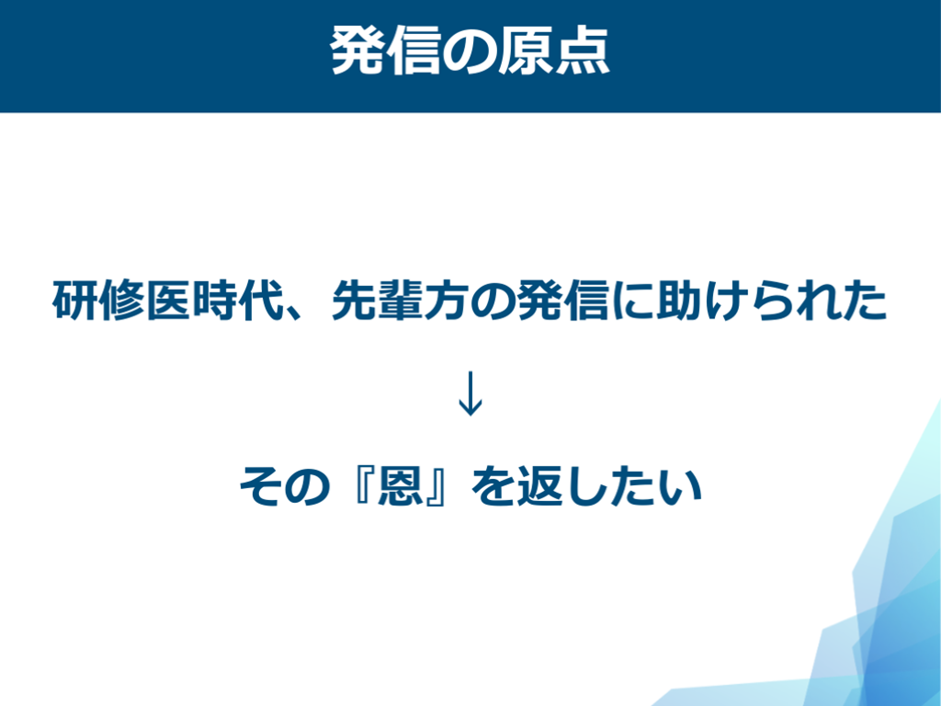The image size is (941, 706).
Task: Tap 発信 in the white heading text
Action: (x=386, y=51)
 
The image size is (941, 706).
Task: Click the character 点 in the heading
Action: (x=582, y=51)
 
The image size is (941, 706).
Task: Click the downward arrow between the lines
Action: (x=470, y=393)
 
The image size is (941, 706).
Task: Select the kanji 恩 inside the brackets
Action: (x=400, y=485)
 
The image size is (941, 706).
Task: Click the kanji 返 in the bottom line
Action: (x=539, y=485)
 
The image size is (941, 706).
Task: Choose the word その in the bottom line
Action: (x=285, y=486)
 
